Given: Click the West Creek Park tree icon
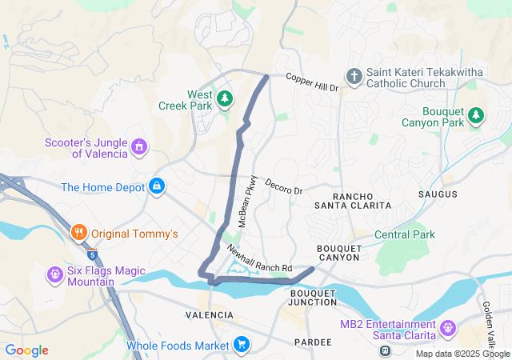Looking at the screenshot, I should pos(226,98).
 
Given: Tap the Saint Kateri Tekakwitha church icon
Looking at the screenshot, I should pos(354,77).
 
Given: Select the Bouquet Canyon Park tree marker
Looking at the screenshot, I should pos(476,115).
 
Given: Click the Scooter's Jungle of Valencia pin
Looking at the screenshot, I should pos(140,147).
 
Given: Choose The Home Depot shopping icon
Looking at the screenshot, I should pos(157,187).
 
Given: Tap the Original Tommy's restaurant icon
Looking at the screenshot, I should pos(78,234).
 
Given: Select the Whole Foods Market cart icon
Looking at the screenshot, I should pos(241,345).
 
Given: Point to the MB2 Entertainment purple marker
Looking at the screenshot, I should pos(446,326).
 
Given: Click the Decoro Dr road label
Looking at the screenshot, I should pos(285,186).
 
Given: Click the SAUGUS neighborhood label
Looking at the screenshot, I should pos(438,194).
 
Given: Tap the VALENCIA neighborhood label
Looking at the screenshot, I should pos(209,315).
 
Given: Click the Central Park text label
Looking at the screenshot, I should pos(405,234).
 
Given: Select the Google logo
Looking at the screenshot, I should pos(26,350).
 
